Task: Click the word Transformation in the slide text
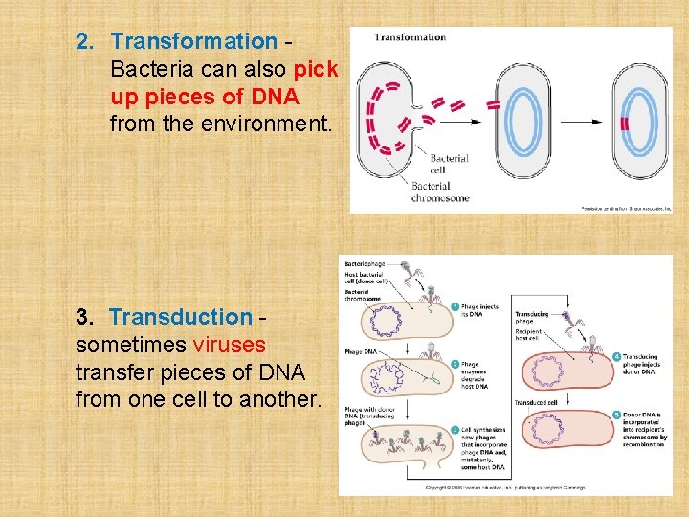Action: click(x=193, y=41)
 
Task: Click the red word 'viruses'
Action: click(x=230, y=344)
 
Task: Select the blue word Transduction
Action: click(x=180, y=316)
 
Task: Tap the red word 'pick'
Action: click(x=316, y=69)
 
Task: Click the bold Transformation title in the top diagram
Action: click(x=410, y=37)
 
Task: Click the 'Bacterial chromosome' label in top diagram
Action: click(x=439, y=191)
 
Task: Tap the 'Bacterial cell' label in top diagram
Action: click(x=448, y=164)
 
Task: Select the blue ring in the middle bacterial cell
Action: click(x=522, y=122)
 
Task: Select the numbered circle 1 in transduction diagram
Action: click(x=456, y=307)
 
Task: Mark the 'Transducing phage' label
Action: click(x=535, y=316)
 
